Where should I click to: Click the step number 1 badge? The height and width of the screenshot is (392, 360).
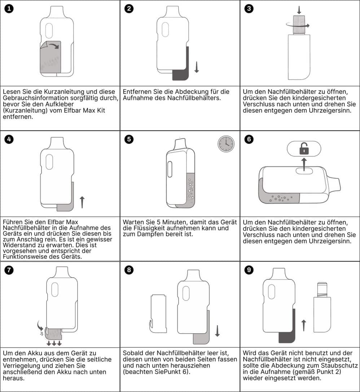(x=9, y=9)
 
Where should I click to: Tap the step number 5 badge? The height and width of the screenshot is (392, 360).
(x=129, y=139)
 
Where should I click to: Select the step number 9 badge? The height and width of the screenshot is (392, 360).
(x=249, y=270)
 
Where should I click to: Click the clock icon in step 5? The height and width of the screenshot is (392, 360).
(x=226, y=144)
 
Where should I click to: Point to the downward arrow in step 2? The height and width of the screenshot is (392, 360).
(x=197, y=67)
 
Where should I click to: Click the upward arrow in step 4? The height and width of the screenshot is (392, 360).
(x=82, y=202)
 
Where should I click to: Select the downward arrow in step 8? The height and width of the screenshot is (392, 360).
(x=217, y=331)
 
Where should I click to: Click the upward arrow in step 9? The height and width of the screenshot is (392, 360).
(x=304, y=325)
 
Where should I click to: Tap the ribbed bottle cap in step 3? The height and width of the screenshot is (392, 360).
(x=299, y=24)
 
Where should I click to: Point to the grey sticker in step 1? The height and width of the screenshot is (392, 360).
(x=50, y=57)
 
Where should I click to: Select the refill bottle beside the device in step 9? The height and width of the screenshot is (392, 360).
(x=322, y=307)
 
